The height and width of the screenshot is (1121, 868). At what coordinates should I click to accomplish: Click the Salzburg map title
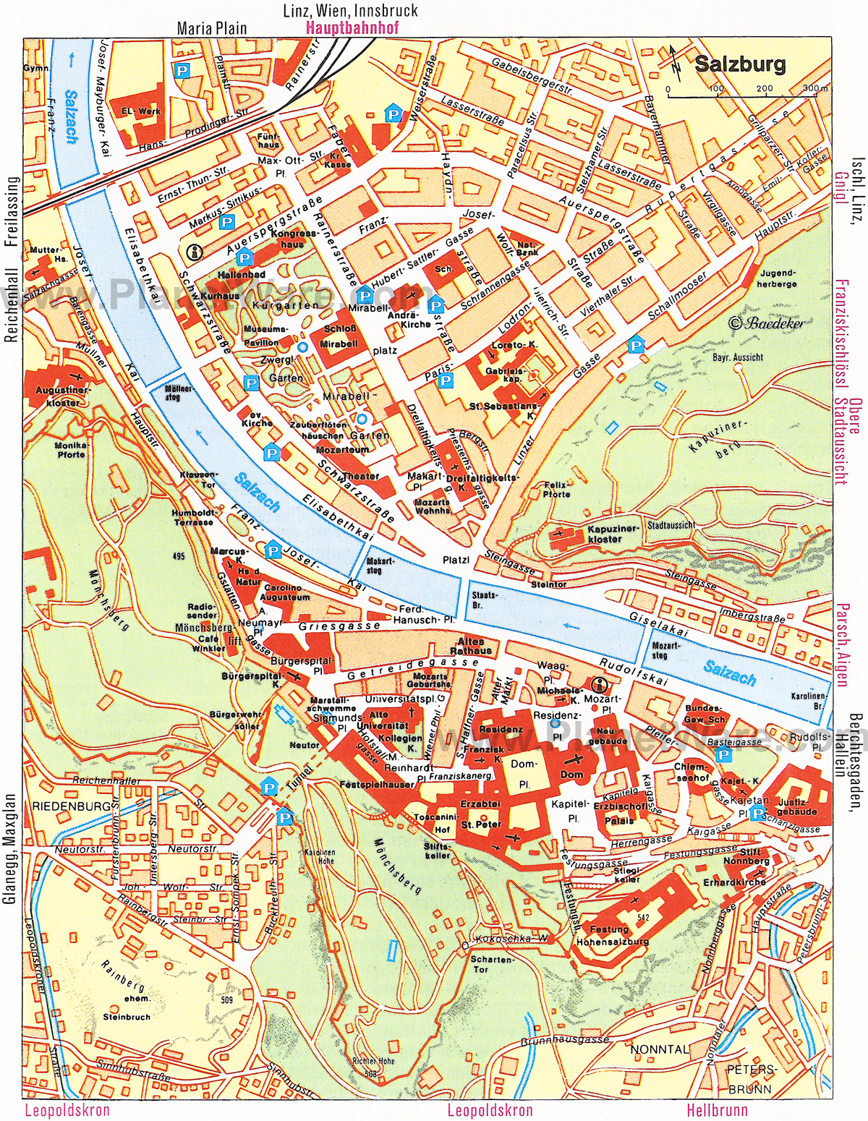tap(739, 64)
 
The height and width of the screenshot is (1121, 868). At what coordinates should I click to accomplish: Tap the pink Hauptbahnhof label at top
tap(352, 30)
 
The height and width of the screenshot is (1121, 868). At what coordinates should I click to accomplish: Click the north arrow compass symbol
tap(674, 61)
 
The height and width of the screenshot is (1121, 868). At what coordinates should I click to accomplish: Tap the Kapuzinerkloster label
tap(605, 534)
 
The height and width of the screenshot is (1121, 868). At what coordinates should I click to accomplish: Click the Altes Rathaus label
tap(474, 646)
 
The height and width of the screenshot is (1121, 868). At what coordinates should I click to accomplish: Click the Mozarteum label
tap(342, 449)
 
